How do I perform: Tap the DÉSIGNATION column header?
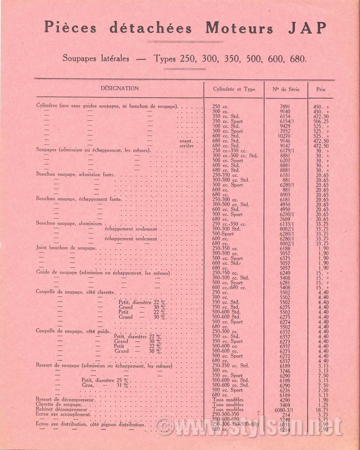pyautogui.click(x=119, y=88)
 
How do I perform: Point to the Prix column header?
pyautogui.click(x=321, y=89)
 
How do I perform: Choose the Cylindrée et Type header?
pyautogui.click(x=234, y=89)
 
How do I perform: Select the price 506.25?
pyautogui.click(x=321, y=121)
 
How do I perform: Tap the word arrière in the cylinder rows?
pyautogui.click(x=187, y=145)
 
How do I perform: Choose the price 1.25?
pyautogui.click(x=323, y=404)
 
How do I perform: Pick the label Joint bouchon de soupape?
pyautogui.click(x=66, y=248)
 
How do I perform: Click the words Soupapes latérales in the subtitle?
pyautogui.click(x=96, y=58)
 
